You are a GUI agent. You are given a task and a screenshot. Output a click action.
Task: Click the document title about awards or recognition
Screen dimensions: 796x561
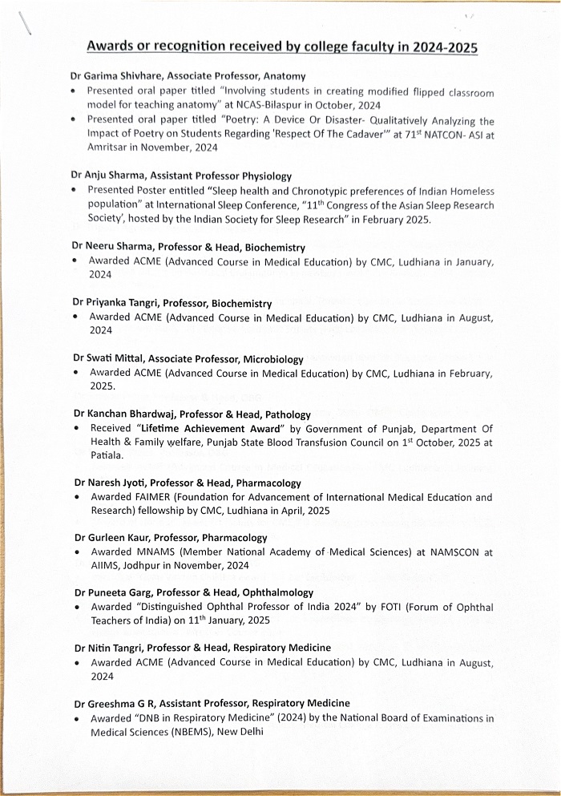point(281,47)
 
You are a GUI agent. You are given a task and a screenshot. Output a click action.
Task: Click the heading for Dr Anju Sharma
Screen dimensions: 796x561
point(181,176)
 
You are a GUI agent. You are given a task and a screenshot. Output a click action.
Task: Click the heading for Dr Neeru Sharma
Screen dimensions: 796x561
point(188,248)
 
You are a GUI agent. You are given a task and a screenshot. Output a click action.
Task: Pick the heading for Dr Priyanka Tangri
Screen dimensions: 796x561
point(172,304)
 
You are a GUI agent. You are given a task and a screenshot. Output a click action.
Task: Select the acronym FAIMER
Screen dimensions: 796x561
point(149,498)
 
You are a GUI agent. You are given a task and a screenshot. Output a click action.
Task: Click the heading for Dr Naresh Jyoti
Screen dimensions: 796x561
point(188,483)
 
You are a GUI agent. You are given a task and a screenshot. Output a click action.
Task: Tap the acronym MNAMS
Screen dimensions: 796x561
point(151,552)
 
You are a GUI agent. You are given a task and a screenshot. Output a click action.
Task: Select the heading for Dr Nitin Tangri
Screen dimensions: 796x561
point(202,648)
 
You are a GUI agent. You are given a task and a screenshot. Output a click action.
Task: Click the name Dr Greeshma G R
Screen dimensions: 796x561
point(120,703)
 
